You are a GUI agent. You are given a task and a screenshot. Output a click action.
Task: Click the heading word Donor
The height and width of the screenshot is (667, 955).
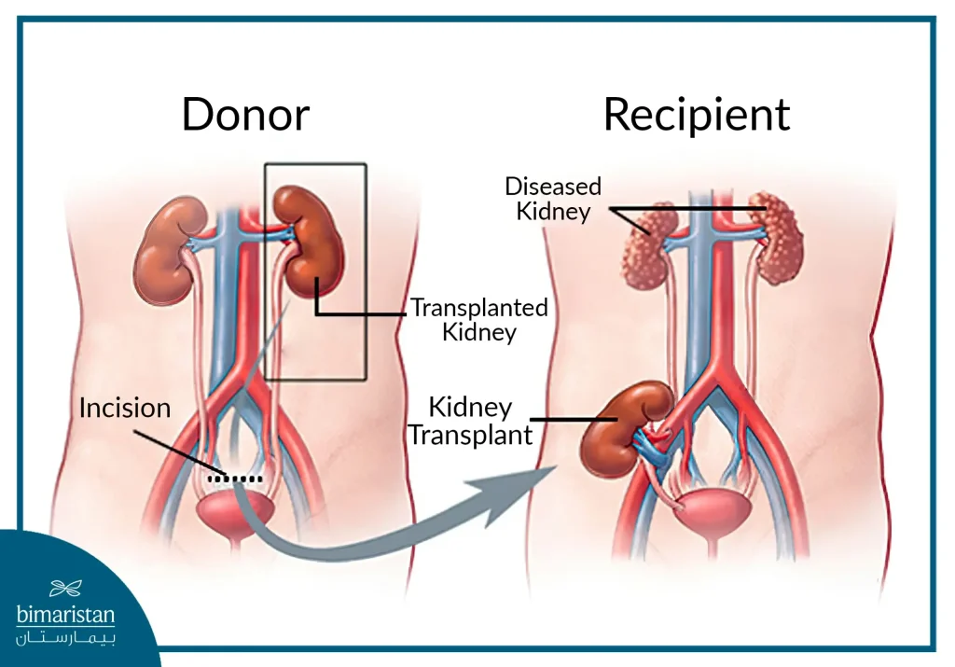245,115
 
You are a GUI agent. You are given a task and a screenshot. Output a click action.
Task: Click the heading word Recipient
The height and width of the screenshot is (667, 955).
696,115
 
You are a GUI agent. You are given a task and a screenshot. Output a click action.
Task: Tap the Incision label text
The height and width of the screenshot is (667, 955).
125,409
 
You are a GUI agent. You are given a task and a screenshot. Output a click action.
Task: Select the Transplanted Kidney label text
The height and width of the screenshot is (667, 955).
478,319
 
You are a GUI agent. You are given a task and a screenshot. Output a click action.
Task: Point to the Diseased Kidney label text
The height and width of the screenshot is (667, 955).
553,199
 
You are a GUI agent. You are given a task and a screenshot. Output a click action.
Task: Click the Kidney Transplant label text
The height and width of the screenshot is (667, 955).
470,421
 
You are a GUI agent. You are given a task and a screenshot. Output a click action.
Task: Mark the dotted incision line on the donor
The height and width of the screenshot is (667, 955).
235,479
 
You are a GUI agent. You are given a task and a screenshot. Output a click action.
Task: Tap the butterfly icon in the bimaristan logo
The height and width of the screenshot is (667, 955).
65,589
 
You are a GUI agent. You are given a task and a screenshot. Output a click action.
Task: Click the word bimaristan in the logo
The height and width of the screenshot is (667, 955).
65,616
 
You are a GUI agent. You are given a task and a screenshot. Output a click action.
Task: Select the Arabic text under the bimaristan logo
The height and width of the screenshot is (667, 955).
65,637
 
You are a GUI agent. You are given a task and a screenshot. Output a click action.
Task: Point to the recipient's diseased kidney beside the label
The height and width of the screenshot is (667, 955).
649,245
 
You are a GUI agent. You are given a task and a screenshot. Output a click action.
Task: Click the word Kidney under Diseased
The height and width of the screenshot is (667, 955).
553,212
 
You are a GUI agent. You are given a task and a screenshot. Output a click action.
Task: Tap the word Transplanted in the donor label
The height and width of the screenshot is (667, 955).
478,307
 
